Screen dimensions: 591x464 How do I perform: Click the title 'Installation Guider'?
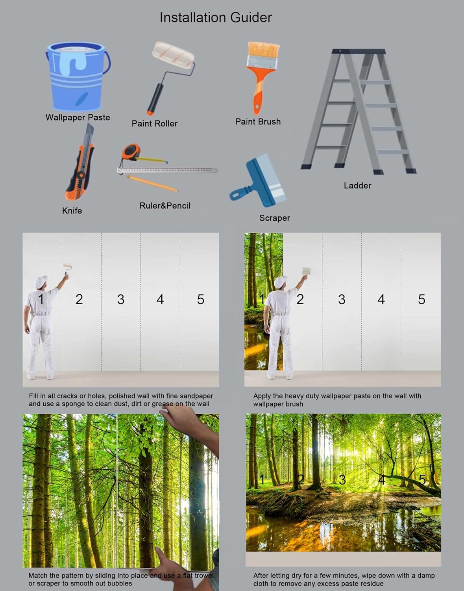point(215,17)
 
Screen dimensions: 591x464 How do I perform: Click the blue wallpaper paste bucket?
point(77,77)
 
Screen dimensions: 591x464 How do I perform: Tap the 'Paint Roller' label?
point(154,124)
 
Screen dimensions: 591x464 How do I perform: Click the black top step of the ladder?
point(359,51)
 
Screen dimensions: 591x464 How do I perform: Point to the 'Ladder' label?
point(357,186)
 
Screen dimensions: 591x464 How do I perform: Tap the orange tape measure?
point(131,152)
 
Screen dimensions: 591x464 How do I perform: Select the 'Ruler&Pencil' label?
point(165,206)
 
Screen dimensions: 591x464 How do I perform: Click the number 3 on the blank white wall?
point(121,299)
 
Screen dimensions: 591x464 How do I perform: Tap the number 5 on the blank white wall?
point(201,299)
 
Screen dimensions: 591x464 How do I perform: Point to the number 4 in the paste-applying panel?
point(381,299)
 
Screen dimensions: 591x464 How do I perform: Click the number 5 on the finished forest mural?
point(422,480)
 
